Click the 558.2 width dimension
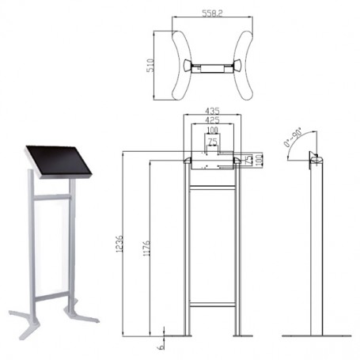coord(212,14)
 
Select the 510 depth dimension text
coord(150,66)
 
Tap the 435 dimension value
coord(211,110)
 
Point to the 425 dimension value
coord(211,120)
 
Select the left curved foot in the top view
coord(178,66)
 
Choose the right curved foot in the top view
coord(245,66)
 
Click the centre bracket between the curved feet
coord(211,66)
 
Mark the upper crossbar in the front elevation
coord(211,187)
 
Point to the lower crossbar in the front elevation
coord(211,304)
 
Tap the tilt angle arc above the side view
coord(301,142)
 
